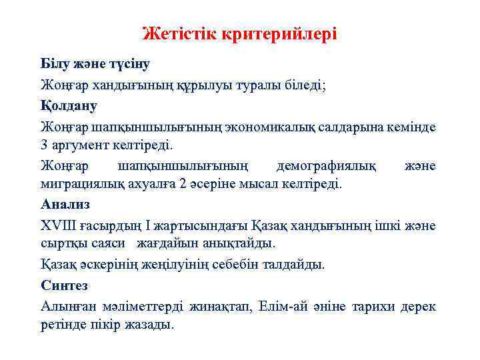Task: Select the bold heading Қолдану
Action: pos(69,105)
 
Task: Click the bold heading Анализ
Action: pos(65,204)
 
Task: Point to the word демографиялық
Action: pos(325,165)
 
